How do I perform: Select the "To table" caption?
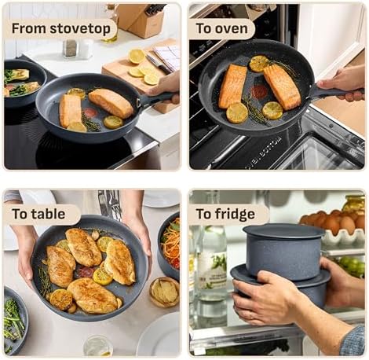point(41,214)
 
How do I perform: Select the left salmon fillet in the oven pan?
point(232,86)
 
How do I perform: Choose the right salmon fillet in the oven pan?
point(282,86)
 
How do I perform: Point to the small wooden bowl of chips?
point(164,292)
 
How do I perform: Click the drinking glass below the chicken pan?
point(98,345)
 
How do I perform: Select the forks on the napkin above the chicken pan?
point(110,204)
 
